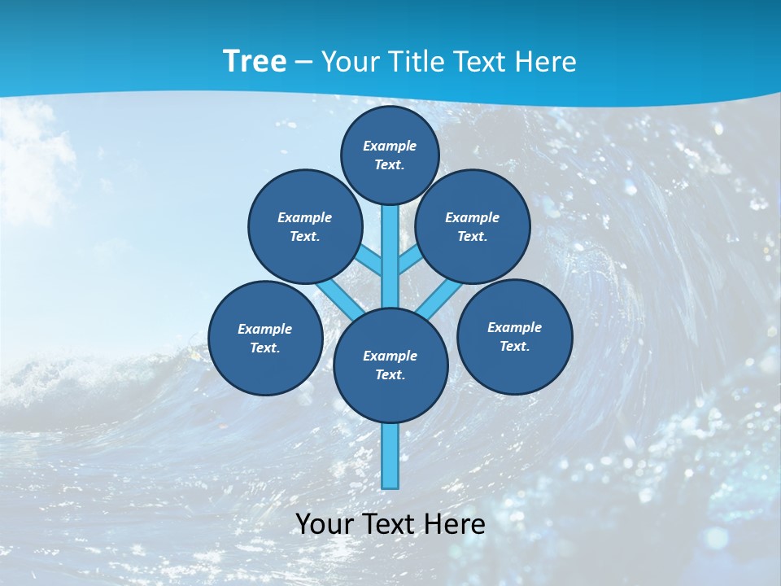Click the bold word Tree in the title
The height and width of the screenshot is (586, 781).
point(255,62)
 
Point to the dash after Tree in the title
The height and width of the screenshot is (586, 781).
point(303,63)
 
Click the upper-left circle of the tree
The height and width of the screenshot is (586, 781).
point(305,226)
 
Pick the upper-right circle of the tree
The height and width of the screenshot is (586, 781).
point(473,226)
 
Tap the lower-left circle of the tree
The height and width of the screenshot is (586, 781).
point(265,338)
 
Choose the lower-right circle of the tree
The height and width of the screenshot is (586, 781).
point(514,336)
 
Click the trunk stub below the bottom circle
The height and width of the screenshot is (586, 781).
point(390,456)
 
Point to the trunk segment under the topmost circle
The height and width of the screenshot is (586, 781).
point(390,252)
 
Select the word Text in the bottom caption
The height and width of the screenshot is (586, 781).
point(391,524)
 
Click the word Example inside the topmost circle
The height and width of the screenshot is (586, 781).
point(390,146)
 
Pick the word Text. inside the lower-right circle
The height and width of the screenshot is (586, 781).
point(514,346)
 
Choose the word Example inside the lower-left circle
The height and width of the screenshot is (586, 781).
point(265,329)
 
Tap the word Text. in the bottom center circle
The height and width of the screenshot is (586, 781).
point(390,374)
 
